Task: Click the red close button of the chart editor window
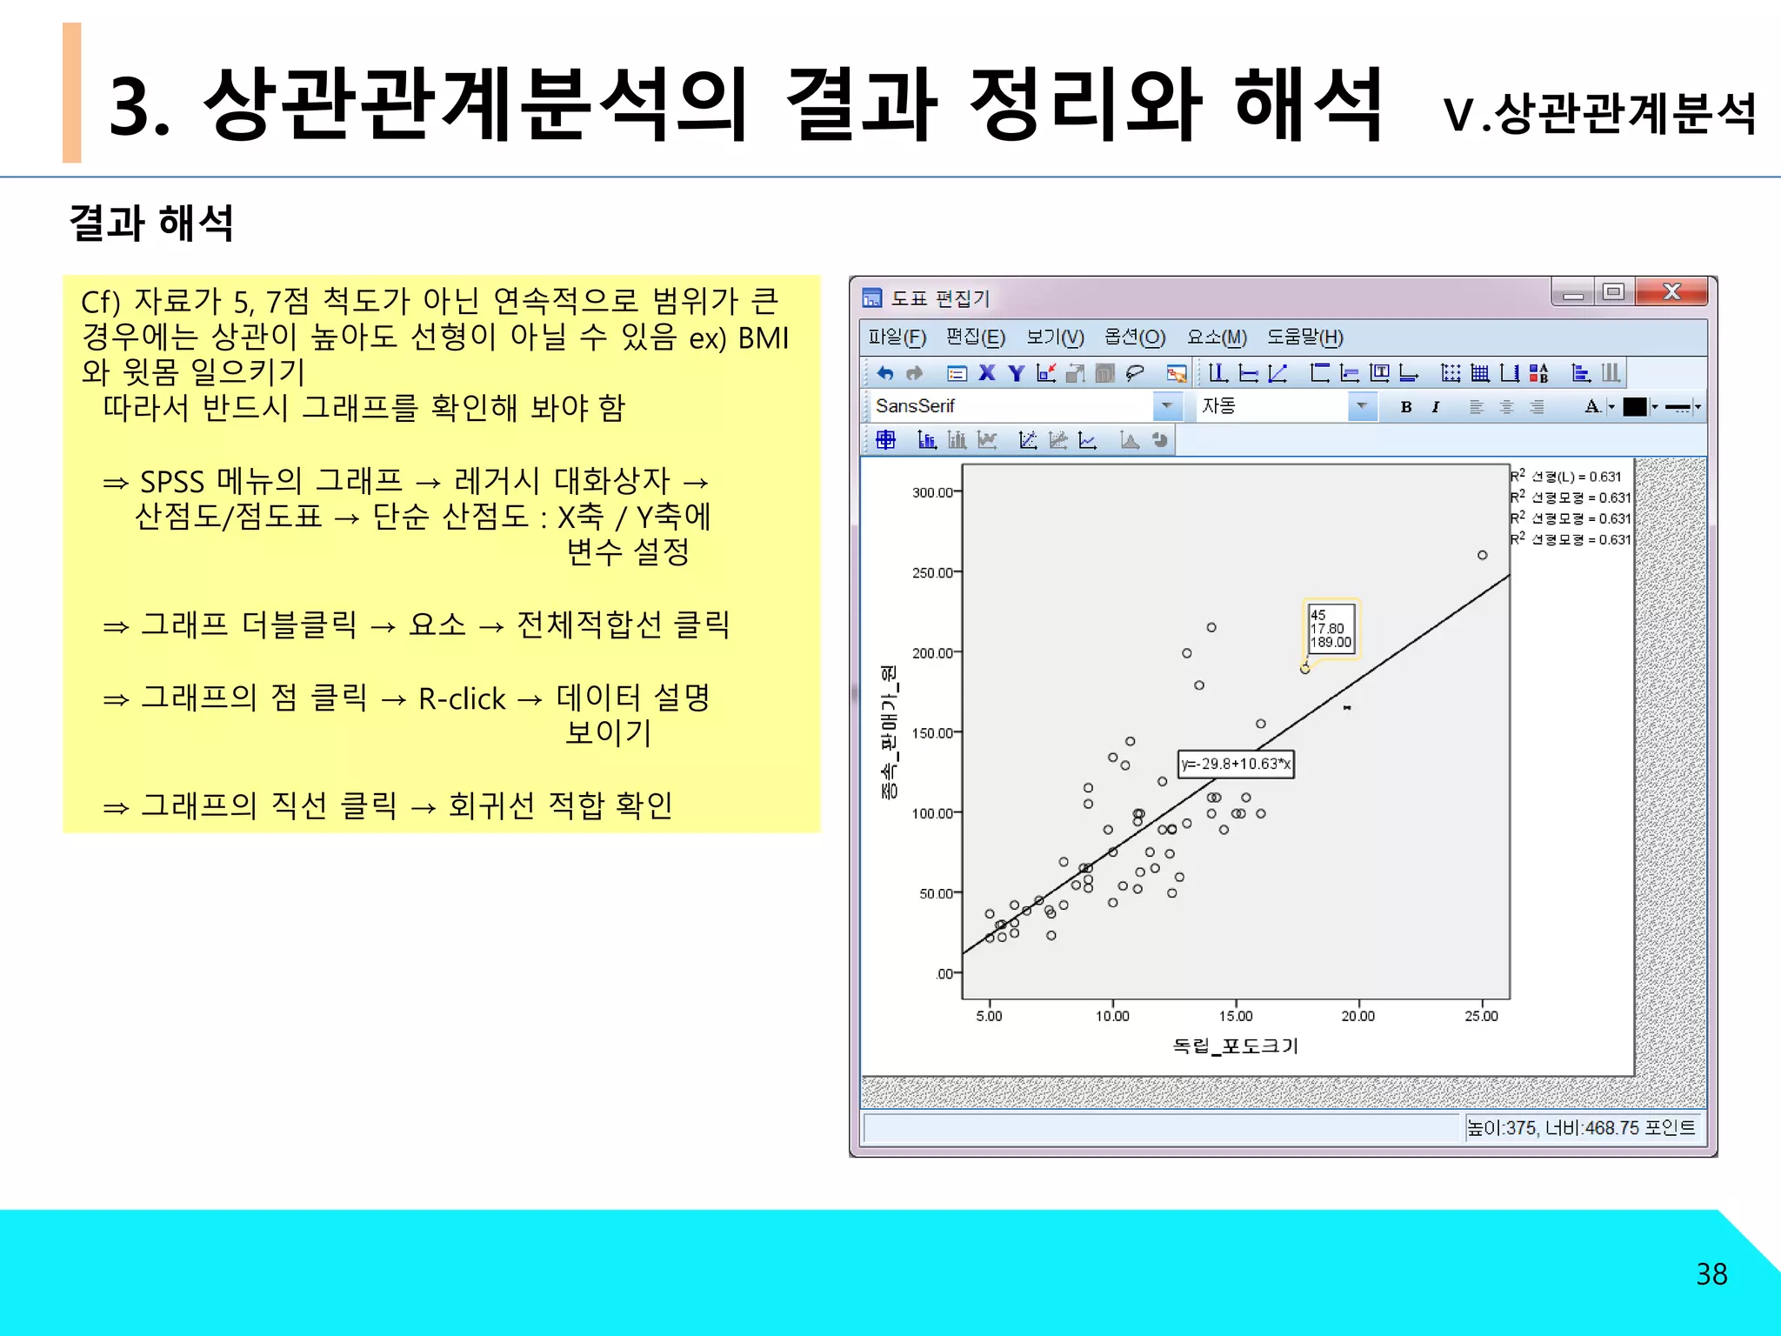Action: point(1671,292)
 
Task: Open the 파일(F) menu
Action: point(897,337)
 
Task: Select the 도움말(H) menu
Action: point(1304,337)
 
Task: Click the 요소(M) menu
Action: point(1217,337)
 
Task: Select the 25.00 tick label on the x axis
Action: point(1482,1016)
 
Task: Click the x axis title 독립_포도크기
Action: point(1236,1046)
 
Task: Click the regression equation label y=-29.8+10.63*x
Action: point(1236,764)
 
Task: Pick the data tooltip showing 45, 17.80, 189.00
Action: point(1331,628)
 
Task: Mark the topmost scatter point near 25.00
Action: point(1483,555)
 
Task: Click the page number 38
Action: point(1711,1274)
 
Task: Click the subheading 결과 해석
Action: point(151,223)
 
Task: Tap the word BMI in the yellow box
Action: point(763,337)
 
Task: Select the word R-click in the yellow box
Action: point(462,698)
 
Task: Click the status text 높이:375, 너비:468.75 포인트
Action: point(1581,1128)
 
